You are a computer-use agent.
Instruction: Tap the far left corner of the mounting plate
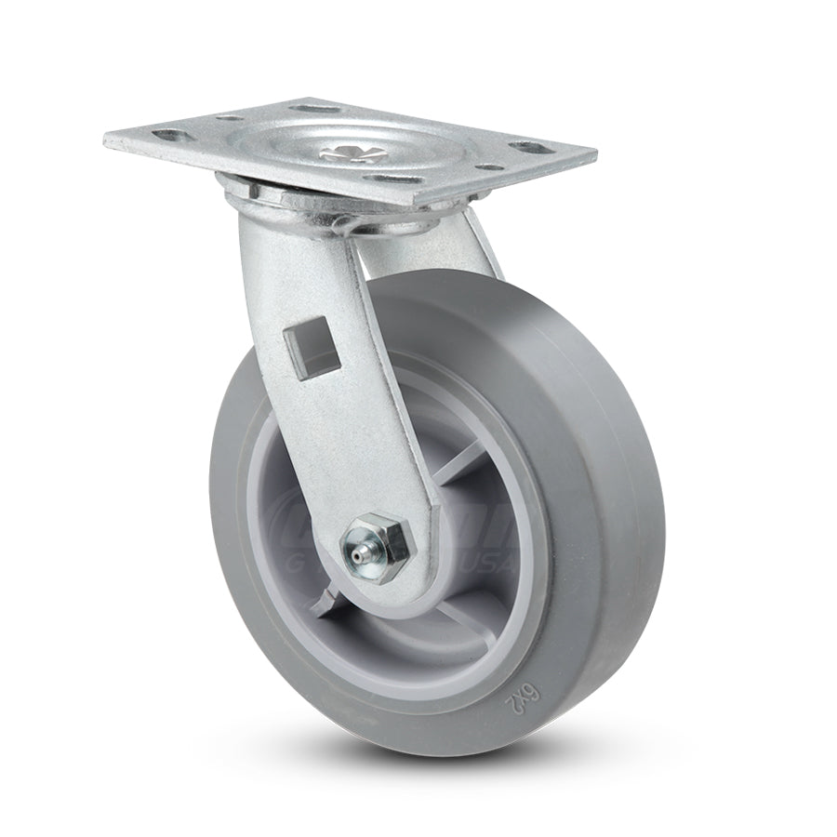click(x=105, y=139)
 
